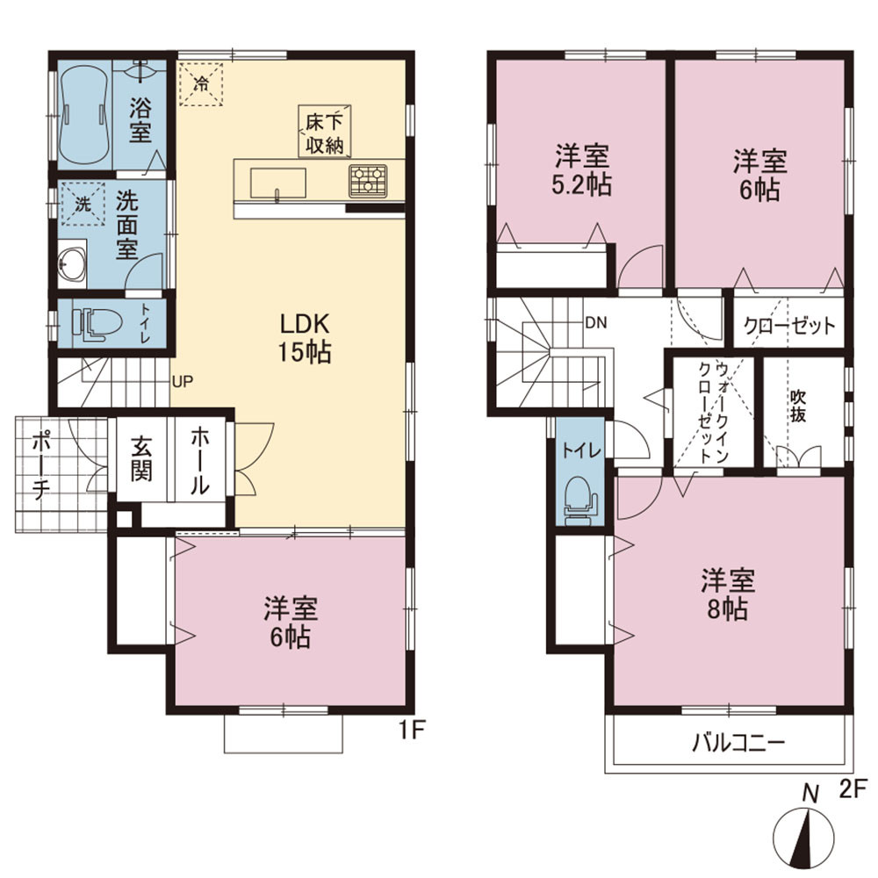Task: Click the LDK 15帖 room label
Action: click(306, 338)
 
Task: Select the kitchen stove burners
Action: click(368, 181)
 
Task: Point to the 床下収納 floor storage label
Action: click(324, 133)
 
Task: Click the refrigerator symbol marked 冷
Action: click(201, 84)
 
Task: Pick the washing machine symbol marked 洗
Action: click(83, 204)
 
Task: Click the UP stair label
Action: click(183, 382)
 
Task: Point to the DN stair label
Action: click(596, 323)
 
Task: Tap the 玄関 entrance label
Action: click(141, 459)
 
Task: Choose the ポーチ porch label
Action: click(41, 464)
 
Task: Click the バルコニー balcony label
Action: click(738, 743)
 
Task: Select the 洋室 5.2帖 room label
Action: click(582, 170)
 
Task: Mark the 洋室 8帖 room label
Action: click(728, 594)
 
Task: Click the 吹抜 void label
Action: click(798, 406)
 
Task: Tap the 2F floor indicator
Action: click(853, 789)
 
